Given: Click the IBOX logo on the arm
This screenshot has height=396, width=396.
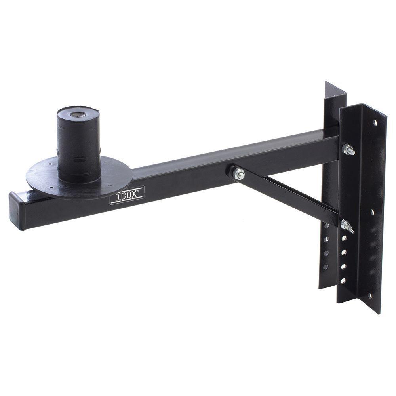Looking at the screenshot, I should pyautogui.click(x=127, y=195).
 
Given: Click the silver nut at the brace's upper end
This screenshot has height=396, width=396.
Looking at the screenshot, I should pyautogui.click(x=238, y=173).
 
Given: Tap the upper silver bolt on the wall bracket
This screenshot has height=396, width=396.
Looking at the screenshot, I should pyautogui.click(x=348, y=150).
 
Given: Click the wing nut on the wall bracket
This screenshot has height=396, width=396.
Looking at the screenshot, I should pyautogui.click(x=347, y=226).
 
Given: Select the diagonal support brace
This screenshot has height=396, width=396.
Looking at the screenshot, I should pyautogui.click(x=289, y=194).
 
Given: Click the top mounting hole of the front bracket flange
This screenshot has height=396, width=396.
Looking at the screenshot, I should pyautogui.click(x=375, y=122).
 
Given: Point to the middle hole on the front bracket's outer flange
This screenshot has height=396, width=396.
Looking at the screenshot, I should pyautogui.click(x=372, y=212).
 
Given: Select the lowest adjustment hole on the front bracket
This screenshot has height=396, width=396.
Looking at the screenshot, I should pyautogui.click(x=343, y=280).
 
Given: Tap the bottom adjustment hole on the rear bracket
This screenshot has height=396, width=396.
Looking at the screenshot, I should pyautogui.click(x=326, y=267).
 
